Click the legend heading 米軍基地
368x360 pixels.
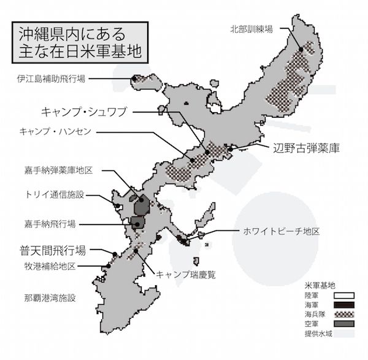pyautogui.click(x=319, y=285)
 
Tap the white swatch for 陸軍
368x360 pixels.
pyautogui.click(x=343, y=295)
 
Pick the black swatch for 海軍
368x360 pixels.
pyautogui.click(x=343, y=304)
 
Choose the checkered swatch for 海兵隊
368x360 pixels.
pyautogui.click(x=343, y=313)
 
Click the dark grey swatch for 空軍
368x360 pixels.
pyautogui.click(x=343, y=323)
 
